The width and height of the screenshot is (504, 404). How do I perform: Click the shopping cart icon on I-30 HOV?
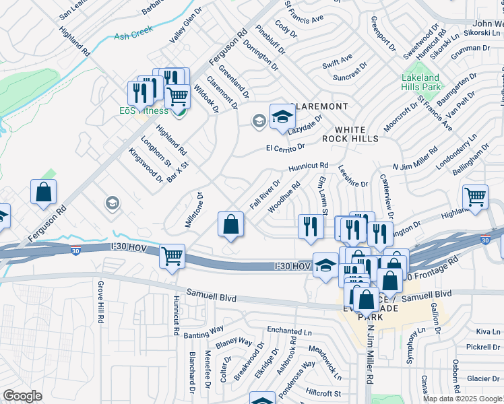(172, 257)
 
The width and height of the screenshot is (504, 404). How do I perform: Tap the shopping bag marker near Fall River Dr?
(230, 225)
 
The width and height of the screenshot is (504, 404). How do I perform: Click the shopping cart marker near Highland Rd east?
(475, 197)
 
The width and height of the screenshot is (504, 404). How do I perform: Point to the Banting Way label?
(206, 330)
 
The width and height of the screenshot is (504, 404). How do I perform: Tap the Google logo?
(23, 396)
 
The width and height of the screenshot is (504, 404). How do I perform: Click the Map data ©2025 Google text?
(462, 399)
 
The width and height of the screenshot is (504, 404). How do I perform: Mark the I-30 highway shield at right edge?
(484, 239)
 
